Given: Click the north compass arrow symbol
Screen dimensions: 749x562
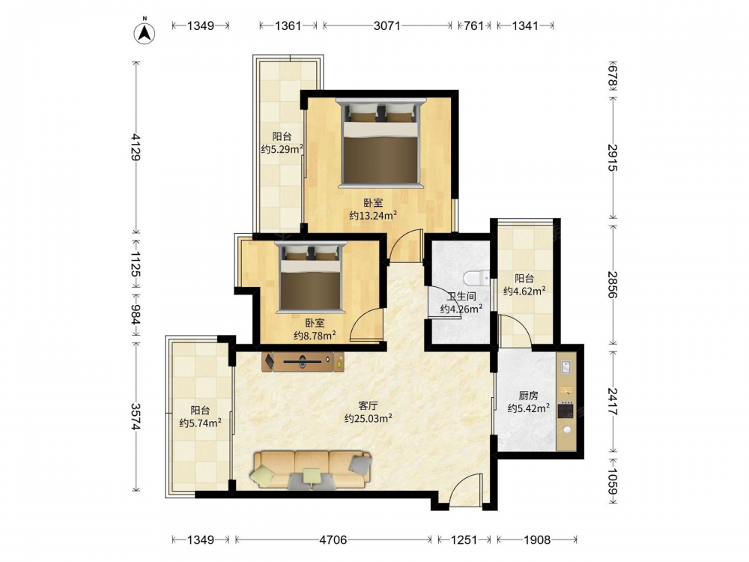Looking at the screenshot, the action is point(145,32).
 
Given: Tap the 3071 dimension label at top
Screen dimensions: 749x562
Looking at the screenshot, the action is point(387,25).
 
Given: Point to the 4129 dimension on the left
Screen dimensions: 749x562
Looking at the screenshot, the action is point(136,147).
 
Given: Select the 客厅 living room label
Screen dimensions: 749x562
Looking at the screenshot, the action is point(368,405).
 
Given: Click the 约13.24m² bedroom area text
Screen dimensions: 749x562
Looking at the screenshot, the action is point(372,216).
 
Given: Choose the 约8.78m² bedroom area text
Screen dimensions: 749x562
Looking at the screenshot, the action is point(315,336).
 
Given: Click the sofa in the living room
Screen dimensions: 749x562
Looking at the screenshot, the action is point(311,471).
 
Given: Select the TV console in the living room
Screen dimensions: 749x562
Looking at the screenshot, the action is point(303,362).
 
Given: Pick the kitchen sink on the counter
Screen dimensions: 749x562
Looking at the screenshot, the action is point(566,367).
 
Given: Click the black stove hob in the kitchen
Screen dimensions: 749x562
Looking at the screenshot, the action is point(566,411).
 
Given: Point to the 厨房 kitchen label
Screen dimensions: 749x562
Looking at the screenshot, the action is point(528,396).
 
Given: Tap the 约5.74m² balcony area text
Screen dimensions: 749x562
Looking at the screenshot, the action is point(200,423).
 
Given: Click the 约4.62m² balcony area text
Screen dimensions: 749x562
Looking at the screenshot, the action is point(524,291).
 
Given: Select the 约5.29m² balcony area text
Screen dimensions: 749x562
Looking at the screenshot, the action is point(282,149).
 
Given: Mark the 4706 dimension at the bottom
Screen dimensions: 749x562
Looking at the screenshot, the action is point(333,540).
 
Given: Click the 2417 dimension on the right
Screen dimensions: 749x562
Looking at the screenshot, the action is point(613,401).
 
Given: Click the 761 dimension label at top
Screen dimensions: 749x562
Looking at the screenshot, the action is point(474,25).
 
